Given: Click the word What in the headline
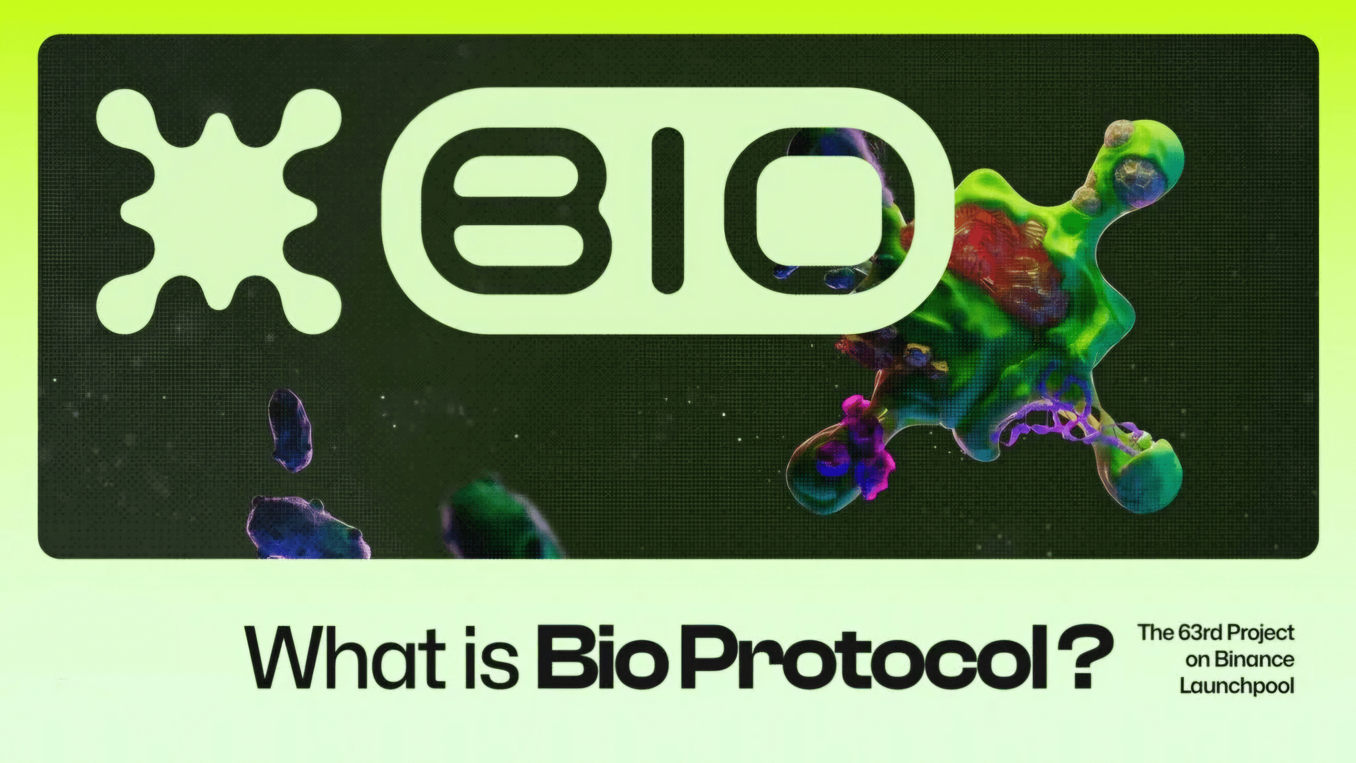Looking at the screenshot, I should (x=345, y=658).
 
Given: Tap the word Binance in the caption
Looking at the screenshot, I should (x=1254, y=660).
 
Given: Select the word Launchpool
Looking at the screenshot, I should (x=1236, y=686).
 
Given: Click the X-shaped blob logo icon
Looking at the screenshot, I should (x=218, y=211).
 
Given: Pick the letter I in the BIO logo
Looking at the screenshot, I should (x=667, y=211).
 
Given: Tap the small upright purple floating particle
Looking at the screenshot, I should (x=289, y=429).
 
